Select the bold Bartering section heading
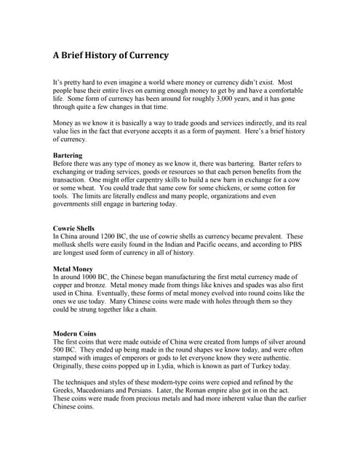tap(68, 155)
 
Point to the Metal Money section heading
tap(73, 270)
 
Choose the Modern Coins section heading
tap(76, 333)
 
